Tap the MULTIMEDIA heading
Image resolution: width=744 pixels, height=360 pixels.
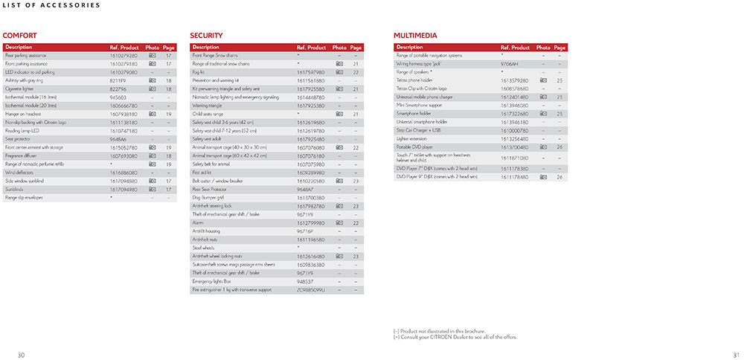tap(414, 35)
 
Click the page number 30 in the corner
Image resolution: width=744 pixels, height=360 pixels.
tap(21, 353)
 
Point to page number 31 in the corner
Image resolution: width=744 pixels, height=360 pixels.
tap(736, 353)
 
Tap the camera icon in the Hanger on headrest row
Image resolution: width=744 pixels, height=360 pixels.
tap(152, 114)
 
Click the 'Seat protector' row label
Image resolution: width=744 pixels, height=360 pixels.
tap(17, 138)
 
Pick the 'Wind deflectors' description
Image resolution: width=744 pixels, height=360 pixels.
tap(19, 172)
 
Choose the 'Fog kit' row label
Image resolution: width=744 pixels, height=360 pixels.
tap(199, 72)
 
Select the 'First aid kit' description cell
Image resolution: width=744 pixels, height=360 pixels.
tap(202, 173)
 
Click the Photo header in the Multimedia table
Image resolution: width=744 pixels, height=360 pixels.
tap(543, 48)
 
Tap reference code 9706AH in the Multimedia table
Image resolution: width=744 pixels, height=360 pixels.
tap(510, 64)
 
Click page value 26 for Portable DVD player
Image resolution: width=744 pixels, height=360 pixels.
tap(559, 147)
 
